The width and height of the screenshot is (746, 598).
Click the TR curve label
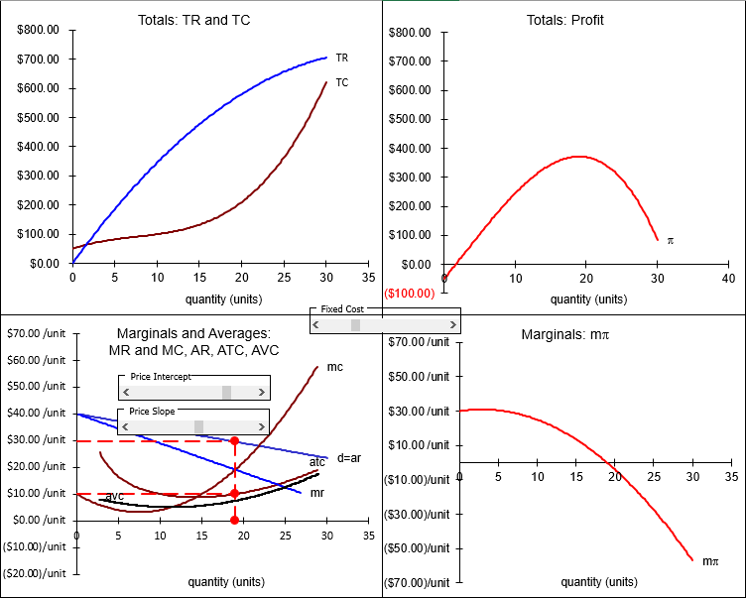(x=341, y=59)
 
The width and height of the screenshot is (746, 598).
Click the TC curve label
(x=341, y=82)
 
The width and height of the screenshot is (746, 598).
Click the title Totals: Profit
(x=564, y=20)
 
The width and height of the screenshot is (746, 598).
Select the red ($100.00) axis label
(x=409, y=294)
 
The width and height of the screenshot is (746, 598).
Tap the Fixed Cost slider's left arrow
(x=316, y=325)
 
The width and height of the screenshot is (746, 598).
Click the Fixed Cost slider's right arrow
(x=454, y=325)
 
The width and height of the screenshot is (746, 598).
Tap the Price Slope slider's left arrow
(x=125, y=426)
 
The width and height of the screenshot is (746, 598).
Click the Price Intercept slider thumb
(x=226, y=393)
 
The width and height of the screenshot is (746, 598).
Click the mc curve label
(x=334, y=367)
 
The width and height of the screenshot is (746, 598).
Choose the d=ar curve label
(x=348, y=457)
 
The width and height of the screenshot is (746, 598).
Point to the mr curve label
(x=317, y=492)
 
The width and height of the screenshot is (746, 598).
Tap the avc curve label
(x=115, y=496)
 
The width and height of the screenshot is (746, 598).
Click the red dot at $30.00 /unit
(x=234, y=440)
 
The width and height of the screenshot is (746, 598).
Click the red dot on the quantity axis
(x=234, y=520)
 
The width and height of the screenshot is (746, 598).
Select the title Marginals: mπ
(x=564, y=335)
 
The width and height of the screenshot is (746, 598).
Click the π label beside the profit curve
(x=670, y=240)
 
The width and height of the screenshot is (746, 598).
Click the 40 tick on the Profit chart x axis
(x=728, y=280)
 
